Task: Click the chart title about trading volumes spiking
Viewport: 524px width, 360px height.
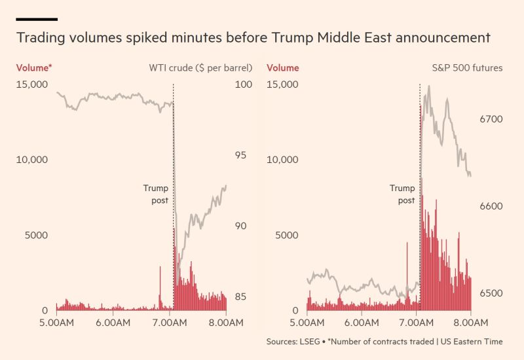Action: pos(253,38)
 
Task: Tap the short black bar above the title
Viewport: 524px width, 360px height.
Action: pos(37,19)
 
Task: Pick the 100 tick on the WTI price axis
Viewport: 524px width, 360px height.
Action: pos(243,84)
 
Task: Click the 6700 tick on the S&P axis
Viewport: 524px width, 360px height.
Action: pos(491,119)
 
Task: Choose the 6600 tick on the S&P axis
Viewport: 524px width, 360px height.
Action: pos(491,206)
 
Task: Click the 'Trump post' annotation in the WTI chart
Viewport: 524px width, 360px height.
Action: pos(156,194)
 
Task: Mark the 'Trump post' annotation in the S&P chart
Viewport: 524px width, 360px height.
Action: pos(402,194)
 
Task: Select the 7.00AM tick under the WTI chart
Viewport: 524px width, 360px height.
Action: pos(170,323)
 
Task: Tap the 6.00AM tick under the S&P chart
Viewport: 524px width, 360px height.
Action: pos(362,323)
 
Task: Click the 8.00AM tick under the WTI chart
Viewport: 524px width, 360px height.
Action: pos(226,323)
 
